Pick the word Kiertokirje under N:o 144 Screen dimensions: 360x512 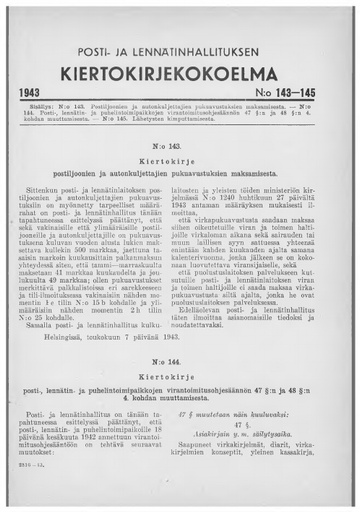[x=180, y=369]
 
